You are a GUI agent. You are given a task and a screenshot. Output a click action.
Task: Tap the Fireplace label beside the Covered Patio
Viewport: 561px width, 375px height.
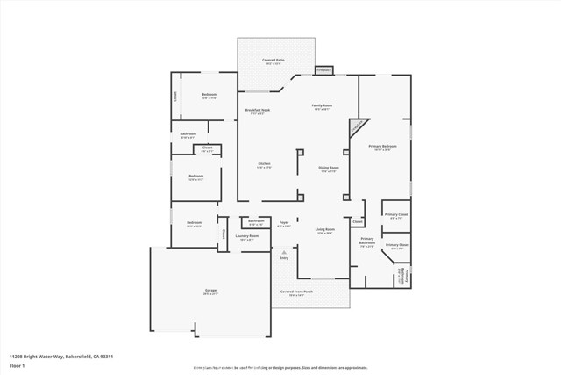point(323,69)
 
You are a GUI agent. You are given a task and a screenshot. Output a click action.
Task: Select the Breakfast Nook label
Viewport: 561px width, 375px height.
point(256,110)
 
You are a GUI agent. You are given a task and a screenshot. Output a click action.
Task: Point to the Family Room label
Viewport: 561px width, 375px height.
point(323,105)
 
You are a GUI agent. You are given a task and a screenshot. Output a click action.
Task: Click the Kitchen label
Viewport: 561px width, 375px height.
point(264,164)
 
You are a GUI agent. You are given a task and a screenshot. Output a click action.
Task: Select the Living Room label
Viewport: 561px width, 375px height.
point(324,229)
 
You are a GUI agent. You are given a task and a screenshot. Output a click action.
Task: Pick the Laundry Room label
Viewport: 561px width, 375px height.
point(249,235)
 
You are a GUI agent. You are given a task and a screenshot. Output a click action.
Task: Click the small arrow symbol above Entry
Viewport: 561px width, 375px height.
point(283,251)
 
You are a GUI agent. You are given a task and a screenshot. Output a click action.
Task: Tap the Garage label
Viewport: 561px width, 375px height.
point(211,290)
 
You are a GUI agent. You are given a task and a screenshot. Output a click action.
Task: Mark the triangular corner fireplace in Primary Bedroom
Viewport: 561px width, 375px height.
point(355,128)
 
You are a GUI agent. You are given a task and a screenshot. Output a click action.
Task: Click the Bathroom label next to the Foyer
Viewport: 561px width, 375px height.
point(256,220)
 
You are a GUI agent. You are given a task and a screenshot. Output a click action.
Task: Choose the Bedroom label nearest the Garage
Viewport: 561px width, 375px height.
point(195,223)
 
